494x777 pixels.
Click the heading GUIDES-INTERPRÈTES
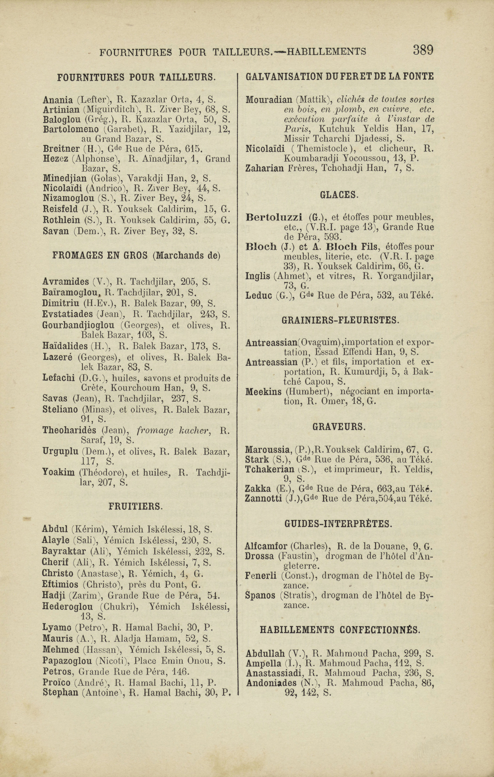338,524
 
